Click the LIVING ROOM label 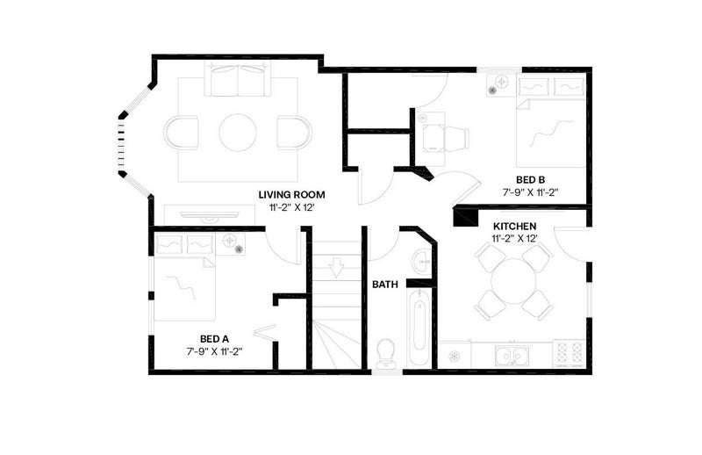pyautogui.click(x=291, y=195)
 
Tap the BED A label pyautogui.click(x=214, y=339)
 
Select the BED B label pyautogui.click(x=531, y=180)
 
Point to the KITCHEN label pyautogui.click(x=514, y=227)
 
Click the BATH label pyautogui.click(x=385, y=285)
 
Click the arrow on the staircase pyautogui.click(x=336, y=269)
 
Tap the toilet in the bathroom pyautogui.click(x=385, y=352)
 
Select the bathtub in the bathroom pyautogui.click(x=419, y=327)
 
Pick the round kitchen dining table pyautogui.click(x=513, y=281)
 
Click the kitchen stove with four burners pyautogui.click(x=569, y=352)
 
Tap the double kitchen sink pyautogui.click(x=512, y=356)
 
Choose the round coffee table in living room pyautogui.click(x=238, y=133)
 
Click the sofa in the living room pyautogui.click(x=238, y=79)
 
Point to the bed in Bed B pyautogui.click(x=551, y=122)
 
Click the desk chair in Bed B pyautogui.click(x=455, y=137)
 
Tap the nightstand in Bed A pyautogui.click(x=234, y=244)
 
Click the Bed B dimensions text pyautogui.click(x=531, y=191)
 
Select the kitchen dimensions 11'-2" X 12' pyautogui.click(x=514, y=239)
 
